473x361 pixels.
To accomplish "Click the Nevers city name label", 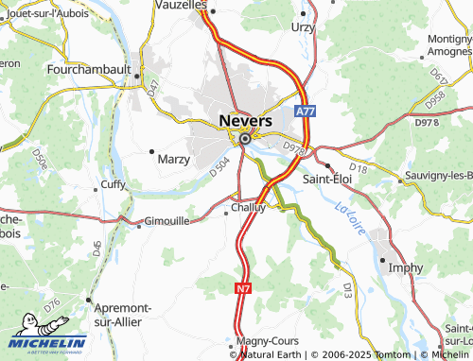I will point(245,121).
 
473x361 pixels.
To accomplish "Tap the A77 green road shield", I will point(304,112).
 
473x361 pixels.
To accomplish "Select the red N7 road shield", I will point(243,288).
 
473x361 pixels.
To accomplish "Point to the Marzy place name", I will point(173,159).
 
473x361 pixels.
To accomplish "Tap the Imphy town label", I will point(406,267).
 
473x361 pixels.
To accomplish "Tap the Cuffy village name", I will point(113,184).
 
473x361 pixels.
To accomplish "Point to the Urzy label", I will point(303,27).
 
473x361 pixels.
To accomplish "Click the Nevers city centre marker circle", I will point(245,139).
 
